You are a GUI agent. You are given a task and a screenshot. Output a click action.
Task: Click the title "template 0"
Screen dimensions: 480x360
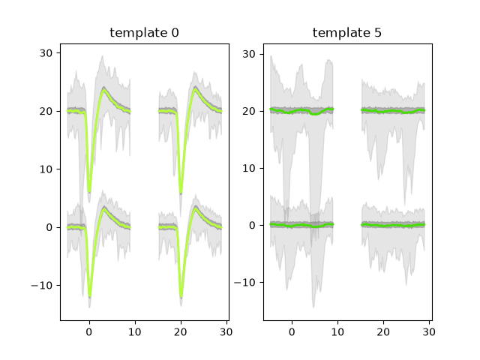pos(144,32)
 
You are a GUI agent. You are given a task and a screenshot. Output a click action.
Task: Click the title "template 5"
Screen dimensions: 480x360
pos(347,32)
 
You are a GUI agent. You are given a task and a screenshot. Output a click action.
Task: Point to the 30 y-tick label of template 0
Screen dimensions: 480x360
pos(46,53)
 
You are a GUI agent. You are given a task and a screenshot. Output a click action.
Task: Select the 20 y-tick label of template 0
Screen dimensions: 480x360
pos(46,111)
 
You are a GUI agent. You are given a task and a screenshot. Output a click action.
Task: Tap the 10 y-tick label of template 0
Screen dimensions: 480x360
pos(46,169)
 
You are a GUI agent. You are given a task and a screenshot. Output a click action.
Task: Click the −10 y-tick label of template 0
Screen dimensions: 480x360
pos(42,286)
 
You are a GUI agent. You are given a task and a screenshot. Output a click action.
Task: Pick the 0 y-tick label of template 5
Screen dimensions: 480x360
pos(252,226)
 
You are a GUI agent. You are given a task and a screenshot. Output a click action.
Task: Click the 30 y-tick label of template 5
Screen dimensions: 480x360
pos(249,54)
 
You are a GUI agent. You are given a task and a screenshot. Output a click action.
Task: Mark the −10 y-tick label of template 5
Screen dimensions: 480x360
pos(245,282)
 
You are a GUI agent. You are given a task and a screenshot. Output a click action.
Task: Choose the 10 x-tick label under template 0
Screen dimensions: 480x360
pos(135,331)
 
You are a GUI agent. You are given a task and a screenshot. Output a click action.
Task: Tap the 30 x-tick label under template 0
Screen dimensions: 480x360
pos(226,331)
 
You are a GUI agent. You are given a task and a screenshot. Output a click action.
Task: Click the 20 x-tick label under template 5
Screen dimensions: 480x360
pos(383,331)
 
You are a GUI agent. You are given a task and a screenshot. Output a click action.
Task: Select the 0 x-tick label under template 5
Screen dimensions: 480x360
pos(292,331)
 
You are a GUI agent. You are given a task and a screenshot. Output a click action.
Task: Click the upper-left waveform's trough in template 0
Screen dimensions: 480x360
pos(89,192)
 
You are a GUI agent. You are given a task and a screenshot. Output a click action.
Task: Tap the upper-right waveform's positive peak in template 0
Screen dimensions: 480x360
pos(195,89)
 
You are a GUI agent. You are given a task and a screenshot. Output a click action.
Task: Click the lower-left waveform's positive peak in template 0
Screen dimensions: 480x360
pos(104,209)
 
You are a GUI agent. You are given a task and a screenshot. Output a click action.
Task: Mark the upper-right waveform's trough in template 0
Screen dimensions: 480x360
pos(181,193)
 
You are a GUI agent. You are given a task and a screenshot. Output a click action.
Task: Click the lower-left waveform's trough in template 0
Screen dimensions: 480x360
pos(90,296)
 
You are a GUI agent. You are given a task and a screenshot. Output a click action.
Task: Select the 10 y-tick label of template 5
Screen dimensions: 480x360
pos(249,168)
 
